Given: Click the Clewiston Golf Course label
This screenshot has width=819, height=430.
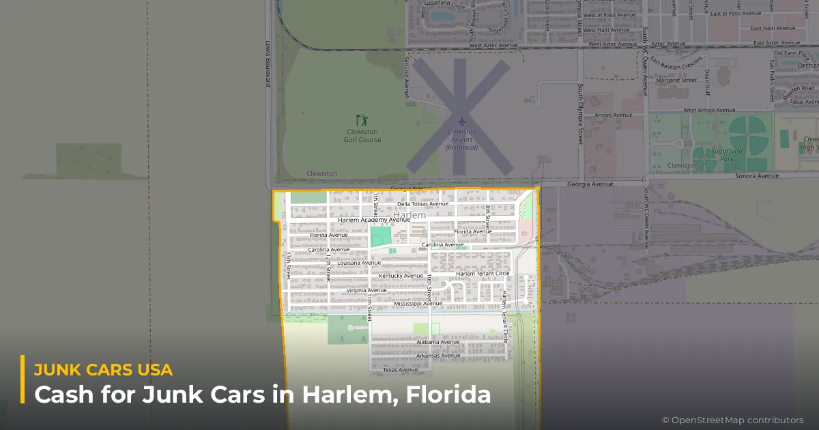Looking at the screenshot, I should [x=362, y=136].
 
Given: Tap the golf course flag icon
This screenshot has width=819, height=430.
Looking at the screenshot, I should [x=362, y=120].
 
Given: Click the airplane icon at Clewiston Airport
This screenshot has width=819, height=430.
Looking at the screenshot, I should [x=461, y=121].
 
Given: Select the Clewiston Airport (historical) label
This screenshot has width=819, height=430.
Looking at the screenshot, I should [x=461, y=139].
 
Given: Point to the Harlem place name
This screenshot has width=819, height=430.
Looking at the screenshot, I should [x=409, y=215].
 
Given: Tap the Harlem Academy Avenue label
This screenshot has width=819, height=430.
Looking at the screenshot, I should [x=374, y=220].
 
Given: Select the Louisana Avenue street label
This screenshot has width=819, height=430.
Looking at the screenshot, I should [x=358, y=263].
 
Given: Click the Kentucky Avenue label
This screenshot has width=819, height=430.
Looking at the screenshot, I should [x=401, y=276].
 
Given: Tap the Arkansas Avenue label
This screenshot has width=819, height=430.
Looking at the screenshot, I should [x=438, y=356].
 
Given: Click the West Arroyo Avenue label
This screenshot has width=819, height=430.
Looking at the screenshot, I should [x=709, y=110].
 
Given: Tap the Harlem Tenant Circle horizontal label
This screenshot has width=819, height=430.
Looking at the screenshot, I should [x=483, y=274].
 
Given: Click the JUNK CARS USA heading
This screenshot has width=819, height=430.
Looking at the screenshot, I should [x=103, y=370].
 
